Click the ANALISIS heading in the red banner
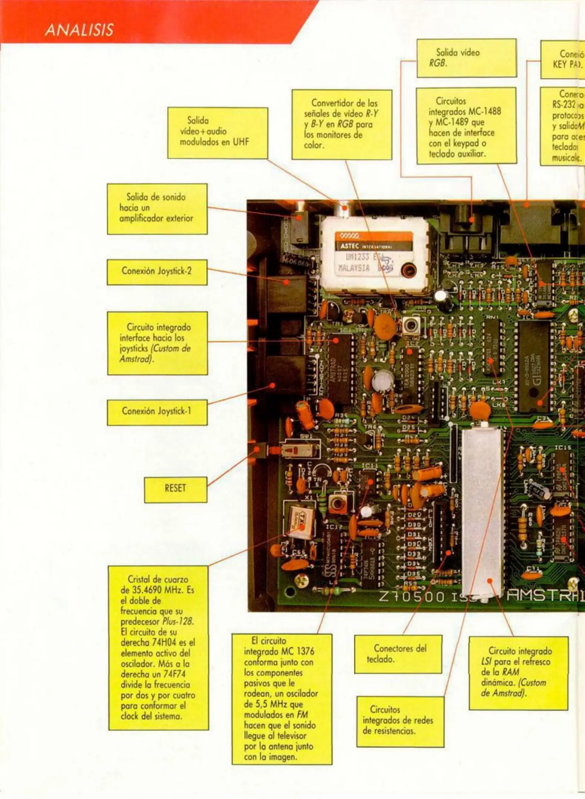(x=79, y=30)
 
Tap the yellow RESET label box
(x=175, y=489)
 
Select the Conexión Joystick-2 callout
(x=157, y=272)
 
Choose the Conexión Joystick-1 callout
(x=157, y=412)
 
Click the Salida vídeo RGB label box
(x=466, y=58)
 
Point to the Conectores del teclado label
(x=398, y=654)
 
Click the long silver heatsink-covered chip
(x=482, y=514)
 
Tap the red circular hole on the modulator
(x=409, y=269)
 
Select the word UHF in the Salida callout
(x=241, y=142)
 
